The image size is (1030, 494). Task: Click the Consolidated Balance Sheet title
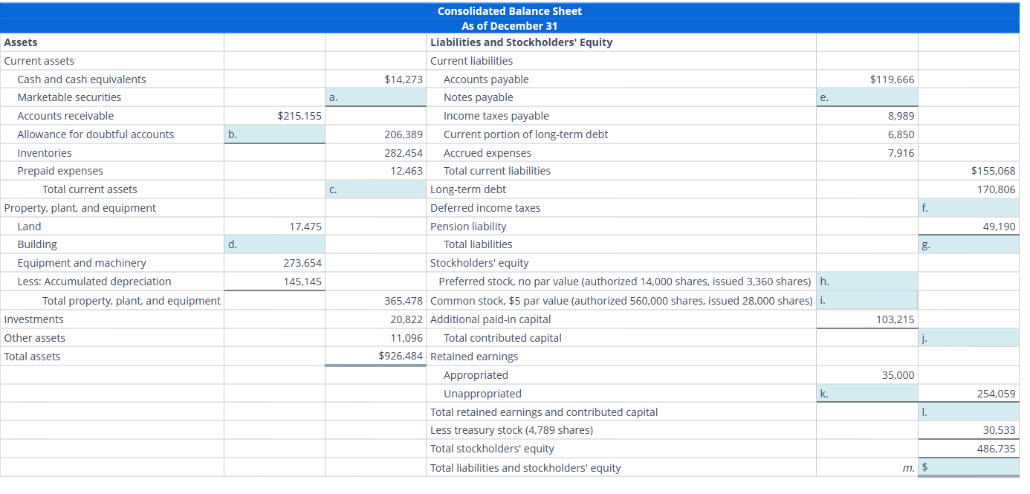click(x=509, y=11)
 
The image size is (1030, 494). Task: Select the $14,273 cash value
click(x=404, y=79)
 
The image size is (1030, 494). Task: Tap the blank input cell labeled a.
click(x=375, y=97)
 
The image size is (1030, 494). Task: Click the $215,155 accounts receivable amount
click(x=299, y=116)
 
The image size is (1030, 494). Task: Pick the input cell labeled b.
click(x=274, y=134)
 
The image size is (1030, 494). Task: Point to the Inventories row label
click(x=45, y=153)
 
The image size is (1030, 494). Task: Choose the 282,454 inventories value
click(x=404, y=153)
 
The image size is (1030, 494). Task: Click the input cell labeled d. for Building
click(x=274, y=244)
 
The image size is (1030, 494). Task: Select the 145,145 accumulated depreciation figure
click(x=302, y=282)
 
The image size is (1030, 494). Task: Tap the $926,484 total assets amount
click(x=401, y=357)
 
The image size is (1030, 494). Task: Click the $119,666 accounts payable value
click(x=892, y=79)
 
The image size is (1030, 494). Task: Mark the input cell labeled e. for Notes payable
click(x=867, y=97)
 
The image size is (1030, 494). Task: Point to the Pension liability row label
click(x=468, y=227)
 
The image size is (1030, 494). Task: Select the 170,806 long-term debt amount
click(x=996, y=189)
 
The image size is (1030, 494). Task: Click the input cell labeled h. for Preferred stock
click(x=867, y=282)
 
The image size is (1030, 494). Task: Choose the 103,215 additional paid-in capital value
click(x=895, y=319)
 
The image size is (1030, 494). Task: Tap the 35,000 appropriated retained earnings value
click(x=898, y=375)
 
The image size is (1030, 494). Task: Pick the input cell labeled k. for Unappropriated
click(x=867, y=394)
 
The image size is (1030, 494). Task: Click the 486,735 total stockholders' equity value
click(x=996, y=449)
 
